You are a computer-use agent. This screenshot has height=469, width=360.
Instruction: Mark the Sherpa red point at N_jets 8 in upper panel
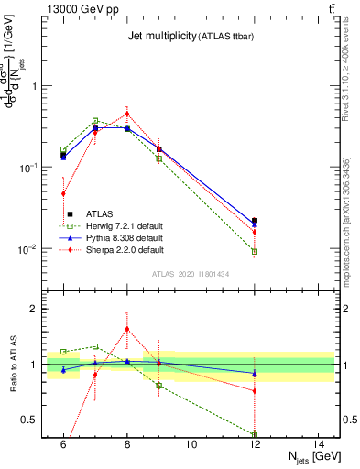pos(126,115)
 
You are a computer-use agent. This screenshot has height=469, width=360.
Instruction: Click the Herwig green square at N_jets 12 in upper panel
pos(255,251)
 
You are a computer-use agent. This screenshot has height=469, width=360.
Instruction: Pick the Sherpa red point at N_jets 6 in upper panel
pos(63,193)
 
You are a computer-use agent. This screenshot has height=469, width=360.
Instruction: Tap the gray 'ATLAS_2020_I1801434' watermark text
pos(190,274)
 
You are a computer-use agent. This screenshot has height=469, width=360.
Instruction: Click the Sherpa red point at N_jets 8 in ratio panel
pos(126,329)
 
